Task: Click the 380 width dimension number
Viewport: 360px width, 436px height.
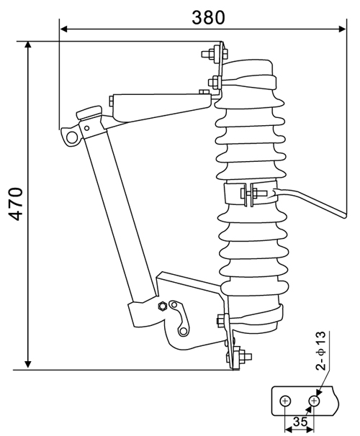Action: coord(208,15)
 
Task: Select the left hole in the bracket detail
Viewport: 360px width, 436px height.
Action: coord(286,400)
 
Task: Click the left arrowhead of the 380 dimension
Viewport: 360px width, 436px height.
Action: coord(64,29)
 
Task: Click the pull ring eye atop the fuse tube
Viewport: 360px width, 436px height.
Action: coord(71,136)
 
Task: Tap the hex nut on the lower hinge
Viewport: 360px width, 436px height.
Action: coord(163,305)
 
